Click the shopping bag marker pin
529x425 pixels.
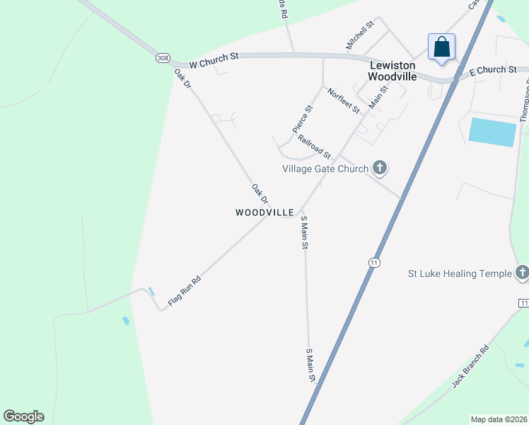point(442,48)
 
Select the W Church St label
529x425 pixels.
point(215,62)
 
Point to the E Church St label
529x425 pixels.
point(493,70)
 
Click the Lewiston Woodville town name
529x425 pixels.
point(393,69)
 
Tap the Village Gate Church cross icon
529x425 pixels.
point(380,168)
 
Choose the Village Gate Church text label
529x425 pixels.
point(325,169)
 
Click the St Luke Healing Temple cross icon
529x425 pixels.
point(522,273)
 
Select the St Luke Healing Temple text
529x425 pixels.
point(460,273)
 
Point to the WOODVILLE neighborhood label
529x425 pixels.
point(264,212)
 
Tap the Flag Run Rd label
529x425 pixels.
point(185,291)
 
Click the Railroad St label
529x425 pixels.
point(314,147)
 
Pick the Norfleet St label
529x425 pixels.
point(343,101)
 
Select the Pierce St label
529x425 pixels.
point(302,119)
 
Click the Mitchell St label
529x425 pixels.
point(359,36)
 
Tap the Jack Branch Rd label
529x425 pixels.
point(470,367)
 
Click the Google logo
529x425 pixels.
point(23,416)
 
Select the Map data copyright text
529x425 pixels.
point(499,419)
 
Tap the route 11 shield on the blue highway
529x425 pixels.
point(373,263)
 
